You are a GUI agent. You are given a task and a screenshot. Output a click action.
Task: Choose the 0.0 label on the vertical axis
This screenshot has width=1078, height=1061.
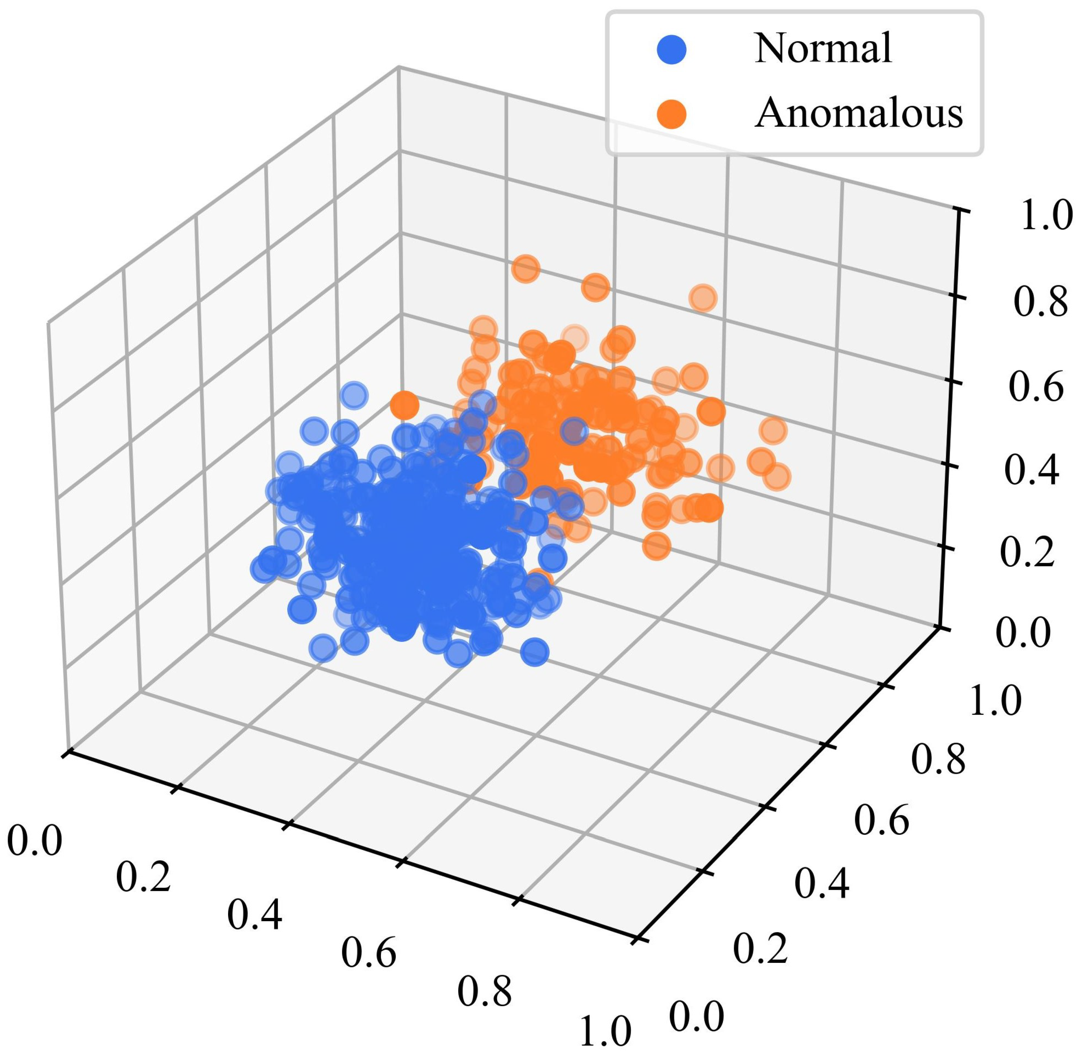click(1023, 634)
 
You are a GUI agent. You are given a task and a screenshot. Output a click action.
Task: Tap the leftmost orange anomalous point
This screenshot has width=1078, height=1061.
click(405, 405)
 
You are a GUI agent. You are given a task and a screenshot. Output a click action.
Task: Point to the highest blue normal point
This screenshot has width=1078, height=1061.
click(353, 396)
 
